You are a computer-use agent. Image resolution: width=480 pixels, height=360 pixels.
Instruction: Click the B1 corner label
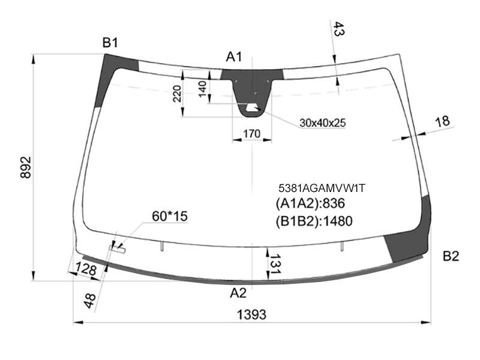point(110,43)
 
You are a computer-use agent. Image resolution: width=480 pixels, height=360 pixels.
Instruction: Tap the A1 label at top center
point(234,57)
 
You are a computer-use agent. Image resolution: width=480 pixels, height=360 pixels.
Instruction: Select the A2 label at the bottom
point(238,293)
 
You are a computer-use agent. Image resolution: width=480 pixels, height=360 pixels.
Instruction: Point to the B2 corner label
point(451,256)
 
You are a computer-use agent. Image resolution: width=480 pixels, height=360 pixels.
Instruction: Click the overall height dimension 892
point(26,167)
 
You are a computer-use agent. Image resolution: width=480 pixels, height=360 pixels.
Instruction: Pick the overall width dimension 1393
point(251,314)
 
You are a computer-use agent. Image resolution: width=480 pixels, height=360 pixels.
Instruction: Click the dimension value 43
point(338,29)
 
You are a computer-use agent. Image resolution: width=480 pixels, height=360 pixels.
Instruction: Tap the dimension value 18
point(442,122)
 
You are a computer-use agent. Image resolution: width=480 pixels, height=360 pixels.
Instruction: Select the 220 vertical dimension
point(177,94)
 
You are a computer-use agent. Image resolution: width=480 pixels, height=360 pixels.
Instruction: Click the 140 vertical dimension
point(203,89)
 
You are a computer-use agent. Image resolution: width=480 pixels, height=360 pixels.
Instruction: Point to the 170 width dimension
point(251,134)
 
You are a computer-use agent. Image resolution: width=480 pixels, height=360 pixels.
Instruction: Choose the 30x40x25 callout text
point(323,123)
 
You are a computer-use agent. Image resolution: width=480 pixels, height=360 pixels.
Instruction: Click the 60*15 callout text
point(170,216)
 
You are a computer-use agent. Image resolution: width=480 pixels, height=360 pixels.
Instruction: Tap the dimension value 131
point(274,264)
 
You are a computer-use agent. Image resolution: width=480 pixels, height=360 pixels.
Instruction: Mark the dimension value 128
point(86,269)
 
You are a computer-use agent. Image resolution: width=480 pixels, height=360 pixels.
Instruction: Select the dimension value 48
point(90,301)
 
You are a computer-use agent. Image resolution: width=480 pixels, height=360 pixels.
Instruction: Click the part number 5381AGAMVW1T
point(322,188)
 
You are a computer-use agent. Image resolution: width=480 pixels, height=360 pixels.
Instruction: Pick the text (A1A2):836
point(310,203)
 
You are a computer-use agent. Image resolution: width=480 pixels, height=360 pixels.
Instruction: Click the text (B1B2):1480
point(314,221)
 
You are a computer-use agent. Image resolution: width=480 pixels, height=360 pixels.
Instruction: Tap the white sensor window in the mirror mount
point(252,107)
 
